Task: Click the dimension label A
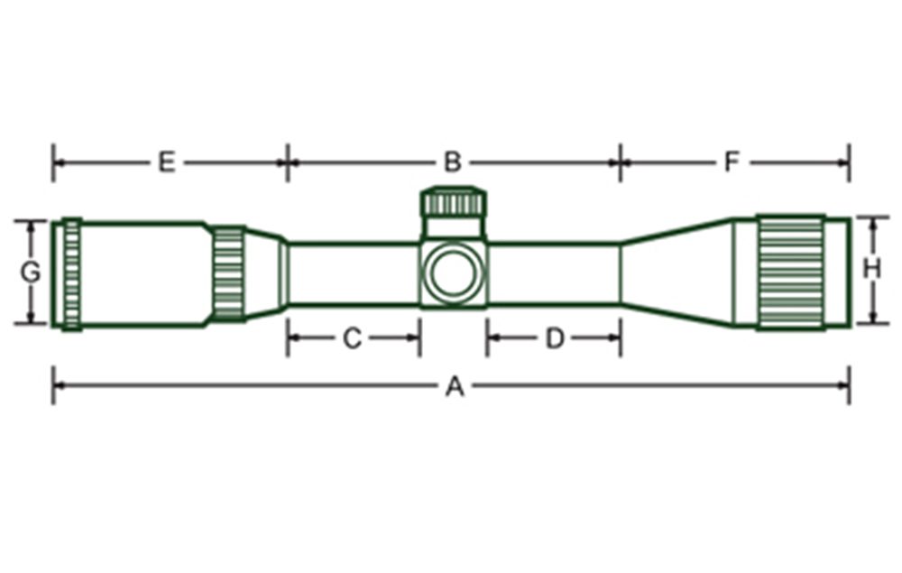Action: (455, 387)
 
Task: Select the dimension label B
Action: (453, 162)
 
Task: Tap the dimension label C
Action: (353, 338)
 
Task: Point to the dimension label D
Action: (555, 338)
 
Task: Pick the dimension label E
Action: (165, 162)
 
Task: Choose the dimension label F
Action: (732, 162)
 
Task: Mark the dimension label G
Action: (31, 272)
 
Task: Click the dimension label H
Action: (871, 269)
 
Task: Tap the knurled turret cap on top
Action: (454, 201)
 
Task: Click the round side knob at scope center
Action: (453, 273)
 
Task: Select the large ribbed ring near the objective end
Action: (790, 273)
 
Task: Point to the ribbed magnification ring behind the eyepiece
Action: (228, 273)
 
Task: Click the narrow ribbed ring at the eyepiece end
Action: (71, 273)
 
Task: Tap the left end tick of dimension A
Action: (53, 385)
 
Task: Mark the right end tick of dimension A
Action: (849, 385)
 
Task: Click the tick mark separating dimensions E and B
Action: (288, 162)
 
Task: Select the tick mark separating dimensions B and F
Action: (620, 162)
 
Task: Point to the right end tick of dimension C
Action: (419, 338)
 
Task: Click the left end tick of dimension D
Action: (487, 338)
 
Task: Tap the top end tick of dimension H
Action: (871, 217)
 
